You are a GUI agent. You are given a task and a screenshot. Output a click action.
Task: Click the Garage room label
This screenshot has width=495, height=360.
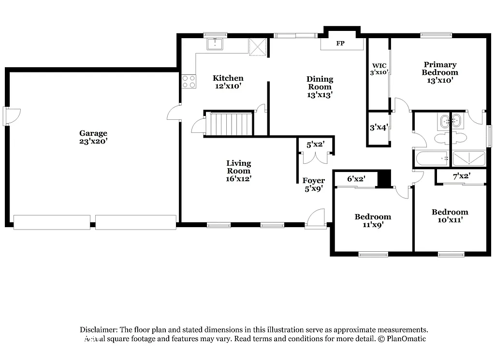pos(93,137)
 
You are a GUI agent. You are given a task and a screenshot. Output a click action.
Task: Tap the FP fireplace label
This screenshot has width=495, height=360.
pos(340,43)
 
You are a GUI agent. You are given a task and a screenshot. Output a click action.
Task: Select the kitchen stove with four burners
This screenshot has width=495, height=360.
pos(189,81)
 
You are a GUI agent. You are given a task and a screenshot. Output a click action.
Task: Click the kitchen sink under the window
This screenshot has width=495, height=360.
pos(215,44)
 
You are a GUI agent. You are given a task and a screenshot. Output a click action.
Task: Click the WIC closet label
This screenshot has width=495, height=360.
pos(378,66)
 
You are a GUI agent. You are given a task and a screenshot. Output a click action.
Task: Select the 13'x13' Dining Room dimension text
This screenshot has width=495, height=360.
pos(320,95)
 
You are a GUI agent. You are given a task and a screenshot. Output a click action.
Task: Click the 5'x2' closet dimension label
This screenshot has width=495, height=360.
pos(315,144)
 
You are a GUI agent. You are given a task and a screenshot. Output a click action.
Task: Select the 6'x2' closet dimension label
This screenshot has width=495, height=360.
pos(356,179)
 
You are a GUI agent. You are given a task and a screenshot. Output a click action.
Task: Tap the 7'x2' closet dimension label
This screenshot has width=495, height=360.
pos(461,176)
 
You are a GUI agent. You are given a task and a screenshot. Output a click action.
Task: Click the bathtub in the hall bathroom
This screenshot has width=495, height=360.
pos(432,158)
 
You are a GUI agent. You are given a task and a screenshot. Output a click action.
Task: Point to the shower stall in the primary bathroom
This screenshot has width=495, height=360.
pos(468,158)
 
